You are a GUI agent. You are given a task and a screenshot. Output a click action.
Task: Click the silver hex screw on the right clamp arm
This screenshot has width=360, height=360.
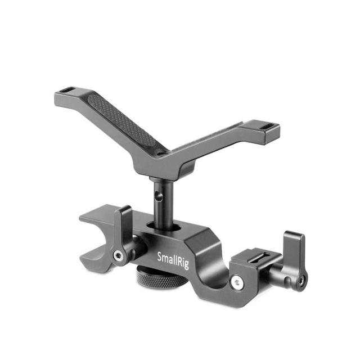click(238, 281)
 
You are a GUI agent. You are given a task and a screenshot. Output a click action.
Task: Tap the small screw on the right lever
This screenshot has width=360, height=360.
click(303, 280)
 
